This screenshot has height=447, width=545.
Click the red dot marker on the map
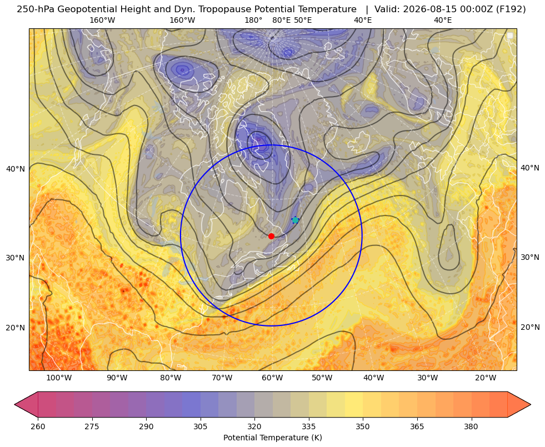(272, 236)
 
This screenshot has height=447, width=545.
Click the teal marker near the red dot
(295, 220)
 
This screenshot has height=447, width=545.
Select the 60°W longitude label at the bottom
(272, 378)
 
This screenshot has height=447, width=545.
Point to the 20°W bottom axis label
(486, 378)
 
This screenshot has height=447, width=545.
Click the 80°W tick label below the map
(171, 378)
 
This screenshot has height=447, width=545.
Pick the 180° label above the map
(253, 20)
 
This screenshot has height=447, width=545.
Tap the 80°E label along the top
(281, 20)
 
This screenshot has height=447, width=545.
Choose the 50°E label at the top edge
(303, 20)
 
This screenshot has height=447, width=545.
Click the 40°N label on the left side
(16, 169)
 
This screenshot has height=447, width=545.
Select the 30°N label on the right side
(530, 257)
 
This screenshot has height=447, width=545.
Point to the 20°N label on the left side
(16, 328)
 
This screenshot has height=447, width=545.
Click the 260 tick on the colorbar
(38, 426)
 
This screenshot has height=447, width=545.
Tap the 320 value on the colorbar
(254, 426)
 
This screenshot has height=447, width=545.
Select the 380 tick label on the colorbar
(471, 426)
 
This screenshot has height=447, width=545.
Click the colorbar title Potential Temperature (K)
(272, 438)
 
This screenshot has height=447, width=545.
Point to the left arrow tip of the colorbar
(14, 404)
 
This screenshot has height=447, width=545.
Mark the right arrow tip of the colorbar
(531, 404)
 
